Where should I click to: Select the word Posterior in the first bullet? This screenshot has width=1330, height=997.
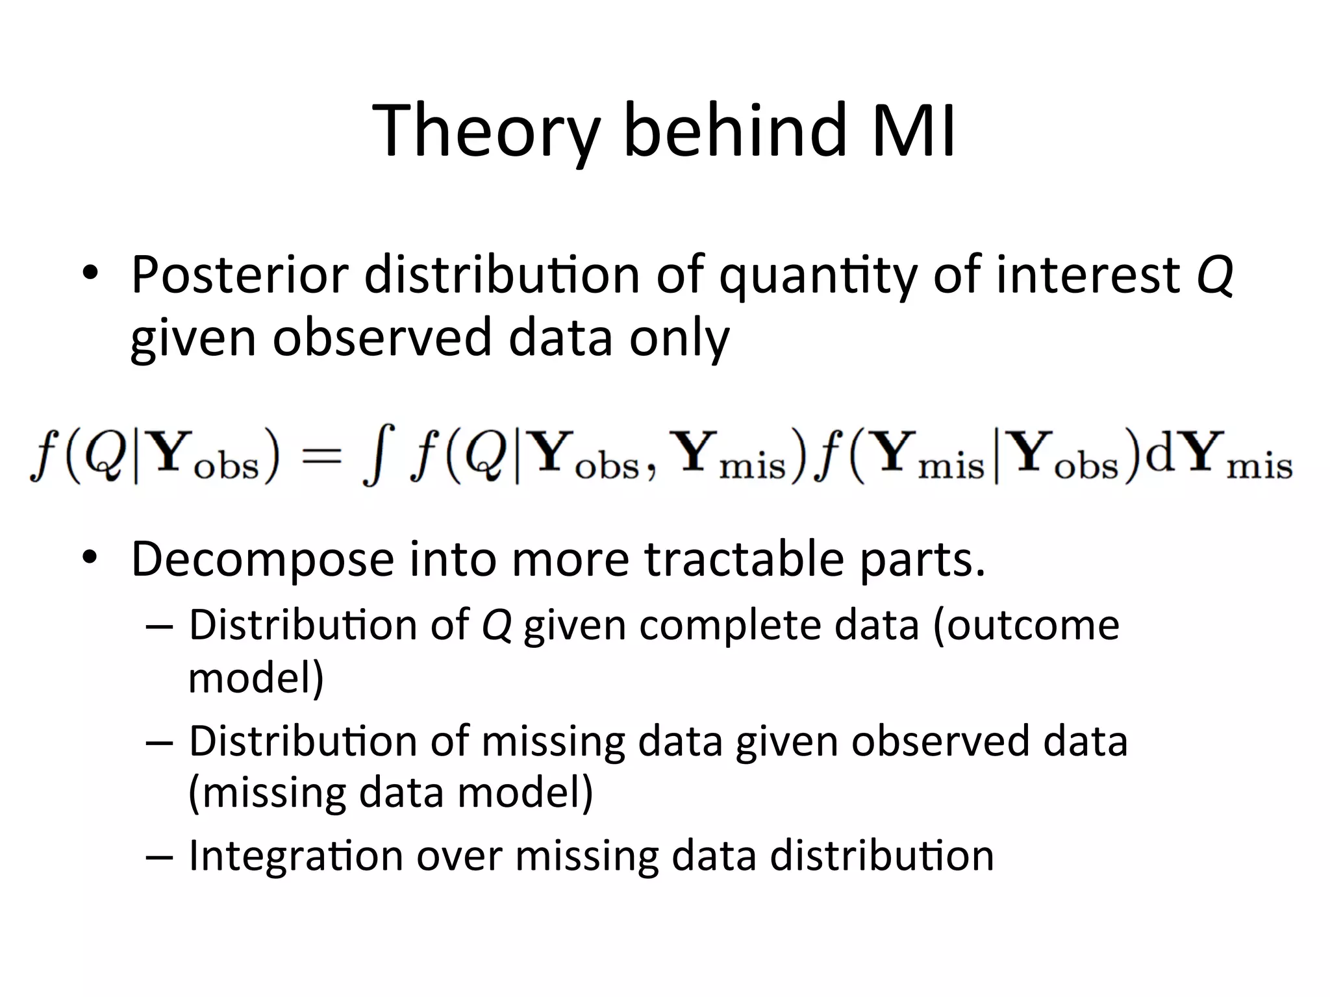(x=240, y=275)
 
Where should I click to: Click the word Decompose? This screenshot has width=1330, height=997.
(x=262, y=560)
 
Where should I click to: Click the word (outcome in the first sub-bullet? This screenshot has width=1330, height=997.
(x=1026, y=625)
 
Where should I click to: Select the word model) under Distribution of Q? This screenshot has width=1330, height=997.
(x=256, y=678)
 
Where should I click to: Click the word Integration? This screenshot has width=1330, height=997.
(x=296, y=856)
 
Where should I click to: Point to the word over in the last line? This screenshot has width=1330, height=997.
(x=459, y=856)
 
